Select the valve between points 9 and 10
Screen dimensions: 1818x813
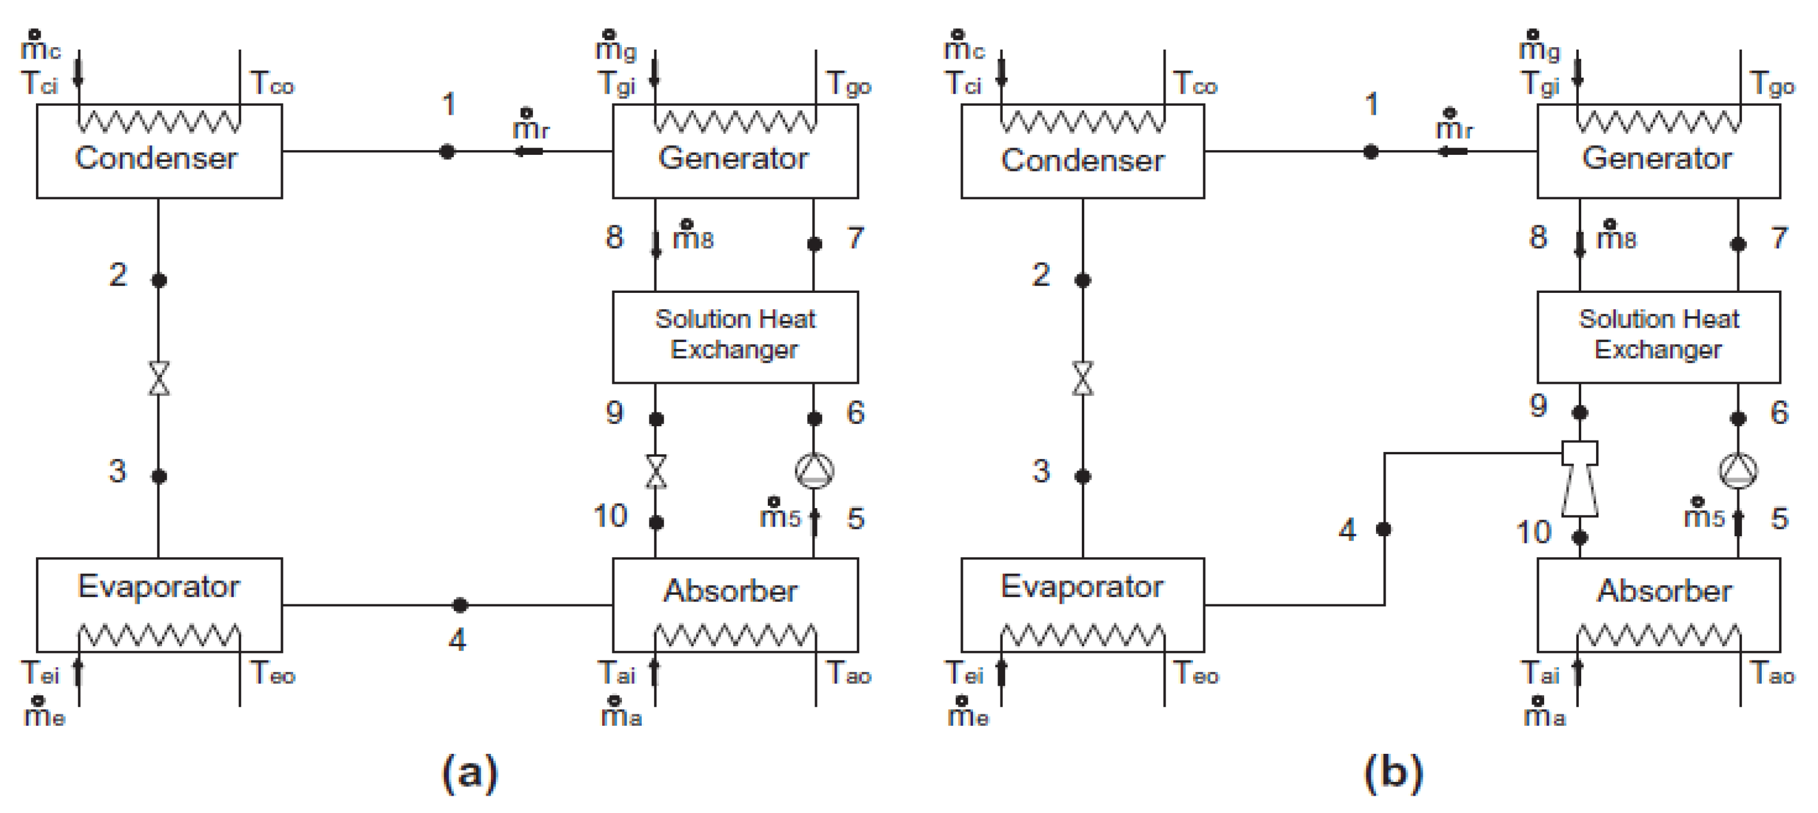[x=657, y=472]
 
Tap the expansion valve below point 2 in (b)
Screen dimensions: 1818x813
[x=1082, y=378]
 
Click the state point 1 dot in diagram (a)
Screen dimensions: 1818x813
[x=447, y=151]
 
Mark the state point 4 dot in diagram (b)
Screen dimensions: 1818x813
[x=1384, y=528]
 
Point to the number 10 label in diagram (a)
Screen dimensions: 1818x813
[x=611, y=516]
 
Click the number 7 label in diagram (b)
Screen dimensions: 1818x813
[x=1779, y=238]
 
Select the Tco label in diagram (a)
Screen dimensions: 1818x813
[x=272, y=83]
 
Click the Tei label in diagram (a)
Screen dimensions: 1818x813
[x=40, y=673]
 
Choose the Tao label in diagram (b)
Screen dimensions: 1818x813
[x=1772, y=673]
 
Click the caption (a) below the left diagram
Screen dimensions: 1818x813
[x=470, y=772]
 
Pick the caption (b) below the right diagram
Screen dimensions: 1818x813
[x=1394, y=772]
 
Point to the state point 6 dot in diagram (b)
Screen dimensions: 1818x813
[x=1738, y=418]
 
